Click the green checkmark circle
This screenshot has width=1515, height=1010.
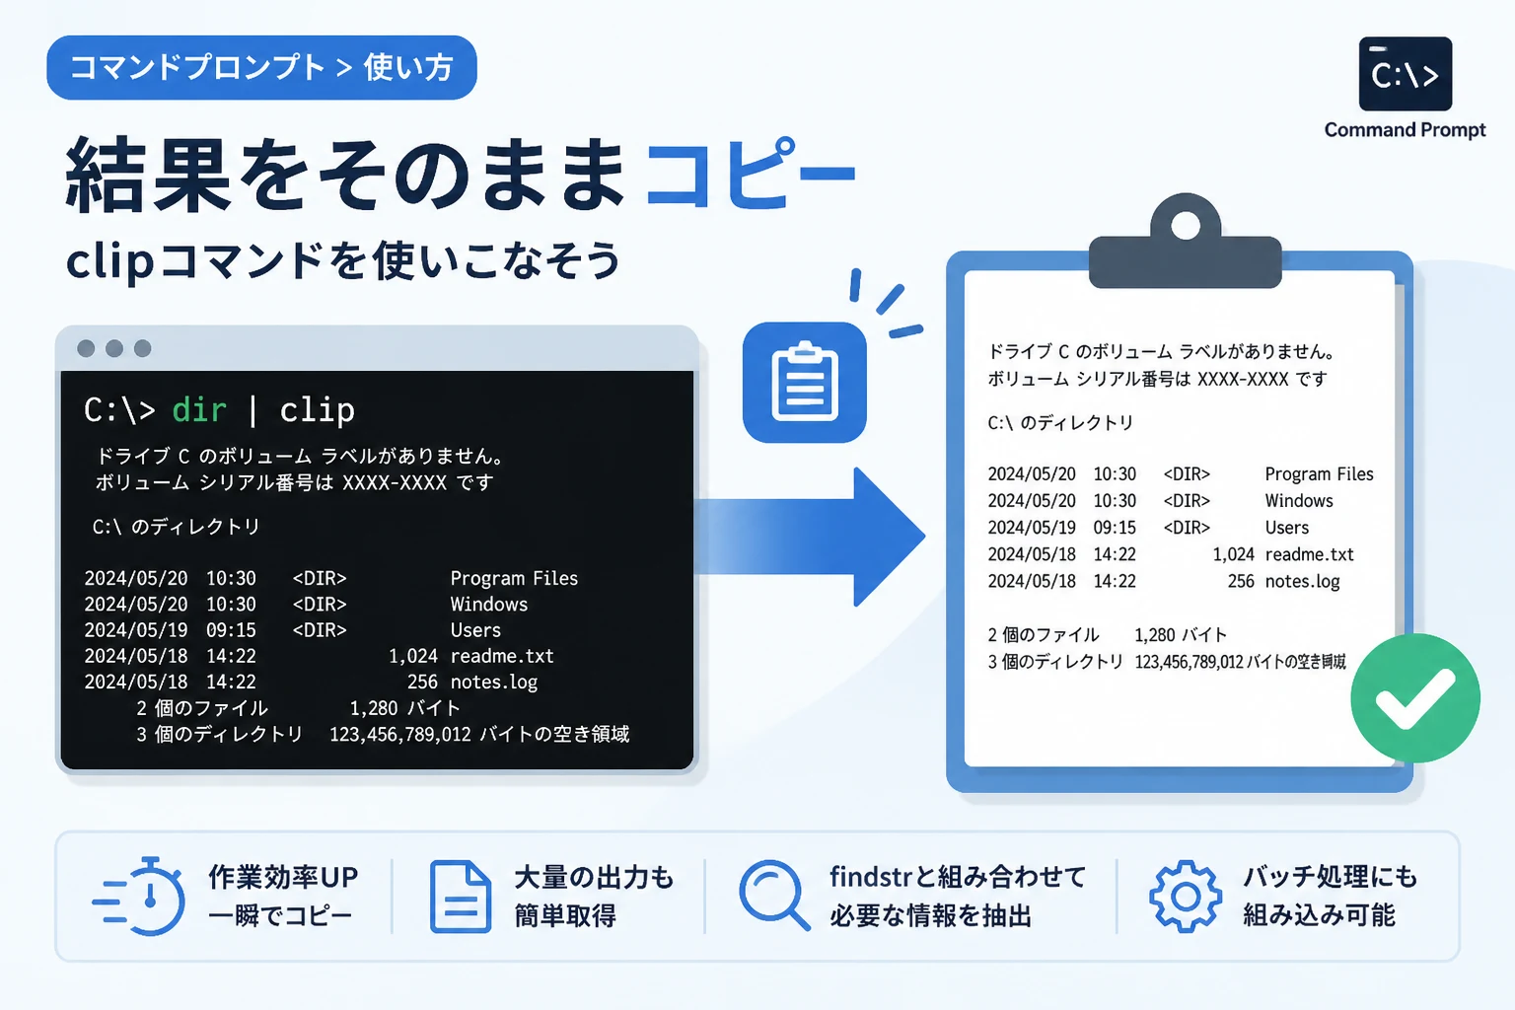click(x=1415, y=698)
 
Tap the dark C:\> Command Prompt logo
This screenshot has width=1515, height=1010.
click(x=1406, y=74)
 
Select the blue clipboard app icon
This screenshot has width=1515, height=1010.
click(x=804, y=383)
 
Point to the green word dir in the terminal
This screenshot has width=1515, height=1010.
click(x=199, y=410)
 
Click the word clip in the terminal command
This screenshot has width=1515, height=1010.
click(x=318, y=410)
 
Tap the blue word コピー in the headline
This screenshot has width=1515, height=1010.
click(x=751, y=174)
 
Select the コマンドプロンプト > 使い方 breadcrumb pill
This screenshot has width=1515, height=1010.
click(x=261, y=68)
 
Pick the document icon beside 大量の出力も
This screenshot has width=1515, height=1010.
click(x=461, y=897)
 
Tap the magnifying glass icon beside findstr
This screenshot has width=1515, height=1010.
click(x=773, y=895)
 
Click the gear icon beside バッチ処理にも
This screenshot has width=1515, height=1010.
click(x=1185, y=897)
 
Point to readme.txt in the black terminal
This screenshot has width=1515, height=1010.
click(x=502, y=656)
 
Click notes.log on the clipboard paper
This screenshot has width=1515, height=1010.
click(x=1303, y=581)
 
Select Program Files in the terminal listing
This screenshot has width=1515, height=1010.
click(x=514, y=578)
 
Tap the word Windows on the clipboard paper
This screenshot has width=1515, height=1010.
click(x=1299, y=501)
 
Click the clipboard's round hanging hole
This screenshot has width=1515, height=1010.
click(x=1185, y=225)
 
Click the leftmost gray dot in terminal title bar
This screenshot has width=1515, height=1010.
click(x=86, y=348)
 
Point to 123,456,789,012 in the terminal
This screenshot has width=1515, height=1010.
click(x=399, y=735)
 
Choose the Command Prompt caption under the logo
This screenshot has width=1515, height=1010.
click(x=1405, y=130)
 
